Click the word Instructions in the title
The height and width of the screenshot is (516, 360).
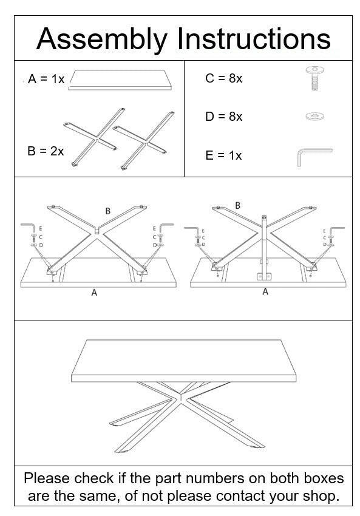pos(254,39)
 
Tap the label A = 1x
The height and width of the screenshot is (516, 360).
pos(46,80)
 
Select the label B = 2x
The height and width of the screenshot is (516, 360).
pos(46,151)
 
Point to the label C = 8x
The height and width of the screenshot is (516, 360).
pos(223,78)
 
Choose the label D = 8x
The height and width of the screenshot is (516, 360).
pos(223,117)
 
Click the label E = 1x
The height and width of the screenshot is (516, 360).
pos(223,155)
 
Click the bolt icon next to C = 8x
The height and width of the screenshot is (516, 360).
pos(314,80)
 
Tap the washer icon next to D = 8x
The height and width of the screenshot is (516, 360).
pos(314,115)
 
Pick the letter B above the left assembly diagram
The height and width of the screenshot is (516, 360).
pos(108,211)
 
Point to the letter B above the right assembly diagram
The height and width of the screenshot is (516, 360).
pos(237,205)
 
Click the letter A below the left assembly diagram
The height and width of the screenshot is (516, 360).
pos(94,293)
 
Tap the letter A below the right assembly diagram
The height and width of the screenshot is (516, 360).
pos(265,292)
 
